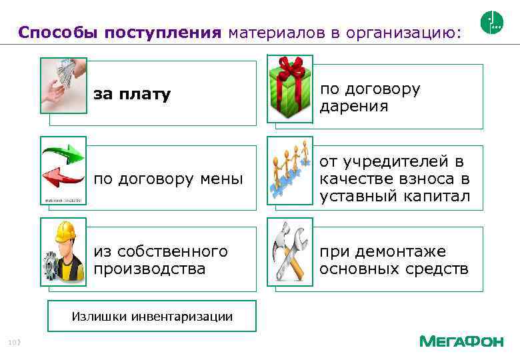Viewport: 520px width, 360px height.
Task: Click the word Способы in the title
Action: (59, 33)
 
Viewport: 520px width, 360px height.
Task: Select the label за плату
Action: (132, 95)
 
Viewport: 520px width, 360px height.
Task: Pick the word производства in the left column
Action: (149, 269)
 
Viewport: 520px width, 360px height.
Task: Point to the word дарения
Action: (353, 107)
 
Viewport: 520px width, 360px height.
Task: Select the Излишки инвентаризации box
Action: (152, 316)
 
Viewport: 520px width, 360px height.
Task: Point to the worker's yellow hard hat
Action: (66, 233)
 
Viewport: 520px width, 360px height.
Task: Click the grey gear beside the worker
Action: (52, 267)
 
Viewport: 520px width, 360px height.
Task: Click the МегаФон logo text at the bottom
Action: (461, 341)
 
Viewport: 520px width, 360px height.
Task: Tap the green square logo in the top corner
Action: (491, 23)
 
